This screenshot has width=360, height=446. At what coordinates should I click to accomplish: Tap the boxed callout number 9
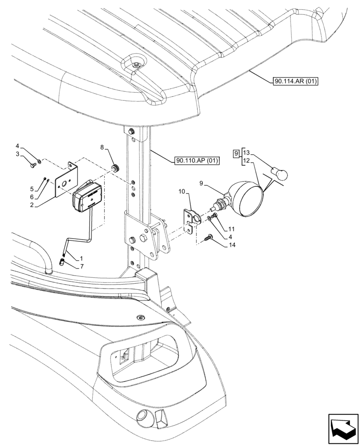(236, 154)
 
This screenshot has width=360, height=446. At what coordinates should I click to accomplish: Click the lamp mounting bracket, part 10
(190, 219)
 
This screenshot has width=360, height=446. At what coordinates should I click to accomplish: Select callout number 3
(18, 154)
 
